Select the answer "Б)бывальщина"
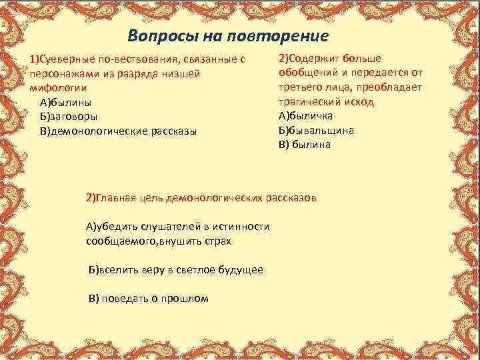point(316,130)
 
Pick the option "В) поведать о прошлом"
point(149,298)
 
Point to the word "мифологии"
point(57,88)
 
